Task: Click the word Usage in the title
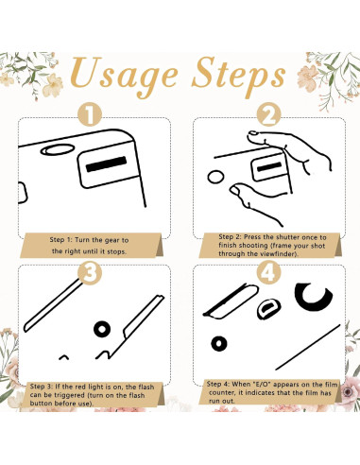tap(125, 75)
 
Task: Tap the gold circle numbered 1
tap(91, 114)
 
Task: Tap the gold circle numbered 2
tap(268, 114)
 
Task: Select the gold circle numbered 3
tap(91, 273)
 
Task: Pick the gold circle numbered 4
tap(268, 273)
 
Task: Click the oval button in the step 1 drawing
tap(58, 150)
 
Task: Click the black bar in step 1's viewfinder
tap(106, 164)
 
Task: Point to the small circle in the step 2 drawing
tap(215, 177)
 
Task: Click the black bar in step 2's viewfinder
tap(269, 166)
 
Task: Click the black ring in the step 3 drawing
tap(102, 329)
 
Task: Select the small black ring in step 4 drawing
tap(219, 343)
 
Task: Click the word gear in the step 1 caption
tap(111, 240)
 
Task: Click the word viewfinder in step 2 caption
tap(281, 253)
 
